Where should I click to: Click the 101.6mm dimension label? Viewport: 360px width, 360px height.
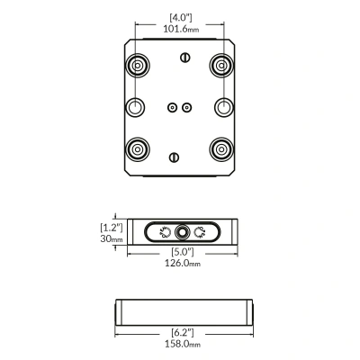coord(181,29)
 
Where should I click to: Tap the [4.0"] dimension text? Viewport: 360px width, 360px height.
coord(181,17)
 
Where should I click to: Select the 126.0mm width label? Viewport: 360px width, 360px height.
coord(183,263)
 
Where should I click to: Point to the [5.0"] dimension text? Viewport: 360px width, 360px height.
coord(183,251)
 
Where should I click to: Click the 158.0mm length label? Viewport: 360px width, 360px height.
coord(183,344)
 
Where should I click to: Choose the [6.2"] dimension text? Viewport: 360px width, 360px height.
coord(183,332)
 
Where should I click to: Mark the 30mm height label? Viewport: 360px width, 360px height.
coord(112,238)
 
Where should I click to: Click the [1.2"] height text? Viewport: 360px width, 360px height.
coord(112,228)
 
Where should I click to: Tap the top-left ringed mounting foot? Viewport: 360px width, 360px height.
coord(138,66)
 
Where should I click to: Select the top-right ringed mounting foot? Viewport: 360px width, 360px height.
coord(221,66)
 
